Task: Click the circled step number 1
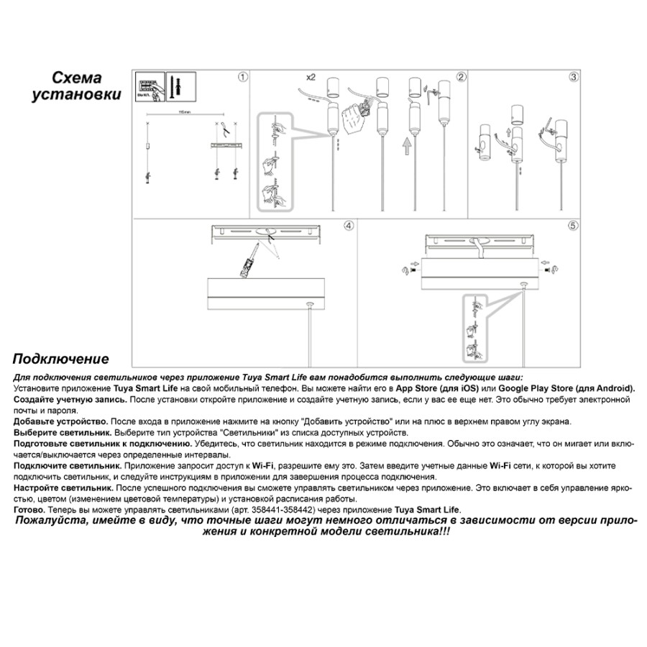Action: (242, 76)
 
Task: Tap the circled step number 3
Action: (574, 76)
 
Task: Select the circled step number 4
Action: (349, 225)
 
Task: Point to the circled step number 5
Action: (573, 225)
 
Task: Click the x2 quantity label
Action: (311, 77)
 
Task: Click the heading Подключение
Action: (60, 359)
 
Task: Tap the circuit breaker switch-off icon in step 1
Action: (148, 88)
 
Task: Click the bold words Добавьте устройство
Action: (61, 421)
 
